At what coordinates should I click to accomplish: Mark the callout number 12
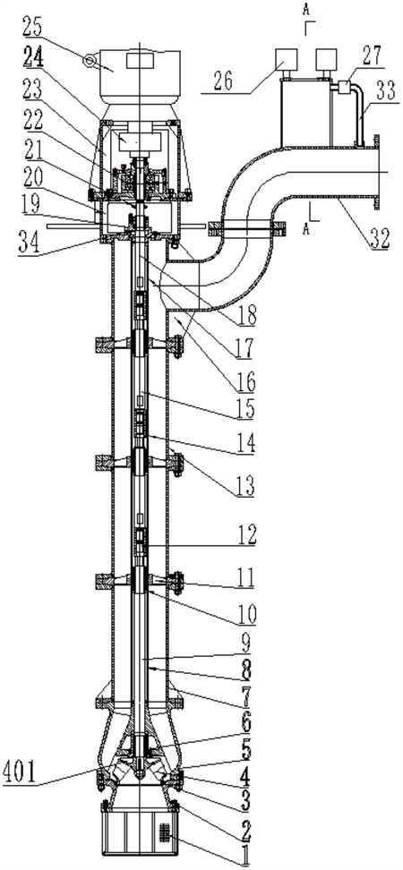[244, 534]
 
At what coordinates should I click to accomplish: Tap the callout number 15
[244, 409]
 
